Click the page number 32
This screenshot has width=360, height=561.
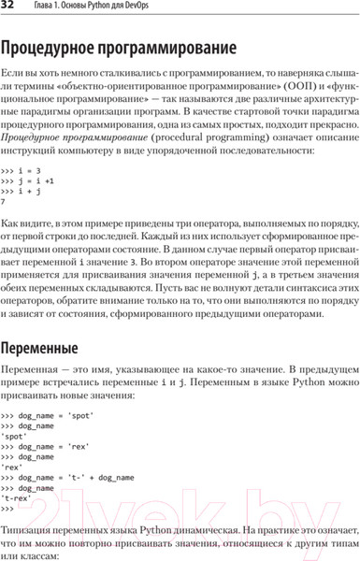point(10,8)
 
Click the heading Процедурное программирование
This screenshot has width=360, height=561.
point(127,49)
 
